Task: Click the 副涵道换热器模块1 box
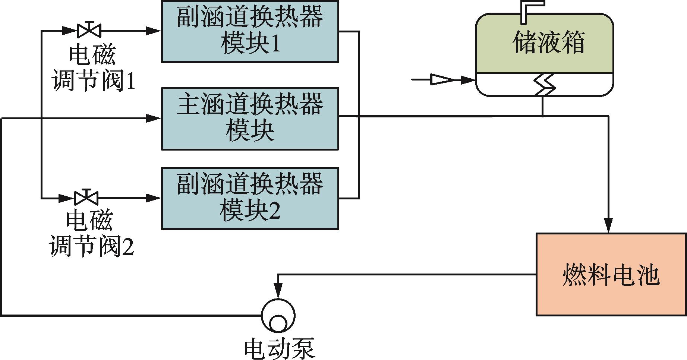pyautogui.click(x=250, y=31)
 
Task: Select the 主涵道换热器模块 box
pyautogui.click(x=250, y=119)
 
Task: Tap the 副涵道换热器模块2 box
pyautogui.click(x=250, y=198)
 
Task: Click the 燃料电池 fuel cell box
pyautogui.click(x=611, y=274)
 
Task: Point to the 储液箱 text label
pyautogui.click(x=548, y=42)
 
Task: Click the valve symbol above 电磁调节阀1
pyautogui.click(x=89, y=30)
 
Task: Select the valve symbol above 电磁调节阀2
pyautogui.click(x=86, y=197)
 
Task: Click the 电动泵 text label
pyautogui.click(x=280, y=349)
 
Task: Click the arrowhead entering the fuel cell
pyautogui.click(x=608, y=225)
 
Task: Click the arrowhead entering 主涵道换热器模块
pyautogui.click(x=153, y=119)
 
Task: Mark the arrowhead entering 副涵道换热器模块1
pyautogui.click(x=153, y=31)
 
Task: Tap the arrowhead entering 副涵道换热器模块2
pyautogui.click(x=153, y=198)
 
